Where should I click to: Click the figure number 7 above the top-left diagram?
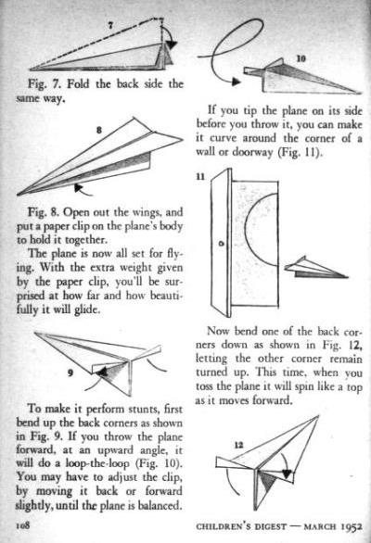point(110,25)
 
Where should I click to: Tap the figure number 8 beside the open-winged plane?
point(99,131)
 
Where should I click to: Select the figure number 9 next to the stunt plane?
point(70,373)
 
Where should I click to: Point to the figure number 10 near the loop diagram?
point(301,58)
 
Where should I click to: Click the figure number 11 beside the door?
point(200,177)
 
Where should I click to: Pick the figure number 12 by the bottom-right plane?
point(238,445)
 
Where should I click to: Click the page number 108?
point(23,525)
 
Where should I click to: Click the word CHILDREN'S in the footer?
point(224,526)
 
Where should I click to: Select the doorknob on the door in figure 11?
point(222,244)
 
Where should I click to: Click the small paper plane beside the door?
point(315,268)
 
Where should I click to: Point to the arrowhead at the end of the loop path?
point(237,82)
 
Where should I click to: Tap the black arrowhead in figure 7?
point(171,45)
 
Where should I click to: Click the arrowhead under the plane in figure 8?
point(79,187)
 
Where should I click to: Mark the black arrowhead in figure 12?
point(287,474)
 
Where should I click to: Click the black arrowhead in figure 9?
point(102,373)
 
